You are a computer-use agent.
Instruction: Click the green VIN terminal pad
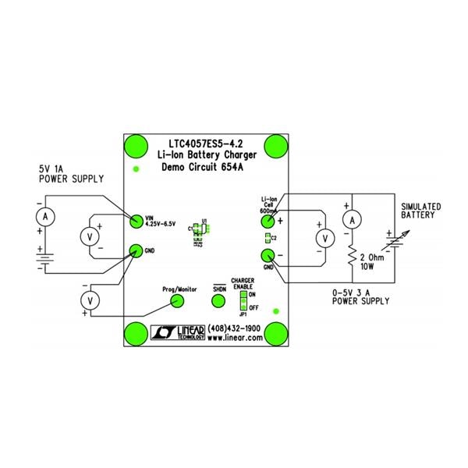(x=136, y=221)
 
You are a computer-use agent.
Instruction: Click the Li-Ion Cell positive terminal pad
(x=267, y=222)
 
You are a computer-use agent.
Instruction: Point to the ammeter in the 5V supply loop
(x=46, y=215)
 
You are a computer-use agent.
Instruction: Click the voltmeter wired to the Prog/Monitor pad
(x=90, y=300)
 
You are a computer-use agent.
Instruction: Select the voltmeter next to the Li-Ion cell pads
(x=321, y=238)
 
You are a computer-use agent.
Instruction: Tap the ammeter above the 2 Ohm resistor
(x=352, y=222)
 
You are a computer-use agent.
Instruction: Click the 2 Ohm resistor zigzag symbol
(x=352, y=256)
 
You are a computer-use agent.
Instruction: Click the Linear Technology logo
(x=178, y=333)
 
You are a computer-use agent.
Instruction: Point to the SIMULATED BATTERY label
(x=420, y=211)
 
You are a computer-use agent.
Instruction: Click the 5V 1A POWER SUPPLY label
(x=71, y=174)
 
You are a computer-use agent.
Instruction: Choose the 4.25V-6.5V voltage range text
(x=164, y=224)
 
